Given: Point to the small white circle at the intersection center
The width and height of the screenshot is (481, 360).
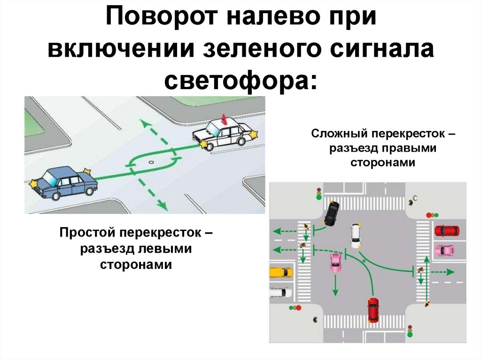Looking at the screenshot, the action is (x=150, y=162).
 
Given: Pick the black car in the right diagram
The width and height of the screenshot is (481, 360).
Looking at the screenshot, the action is (x=332, y=213).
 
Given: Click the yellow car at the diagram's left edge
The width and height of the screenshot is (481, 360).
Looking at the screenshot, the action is (x=281, y=272).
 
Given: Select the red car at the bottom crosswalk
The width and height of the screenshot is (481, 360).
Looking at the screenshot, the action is (x=373, y=309).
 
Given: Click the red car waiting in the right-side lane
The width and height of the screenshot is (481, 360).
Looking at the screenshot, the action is (x=446, y=231).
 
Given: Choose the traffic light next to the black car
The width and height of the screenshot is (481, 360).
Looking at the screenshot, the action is (x=318, y=194).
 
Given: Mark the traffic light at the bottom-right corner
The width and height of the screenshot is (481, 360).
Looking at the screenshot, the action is (x=410, y=331).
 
